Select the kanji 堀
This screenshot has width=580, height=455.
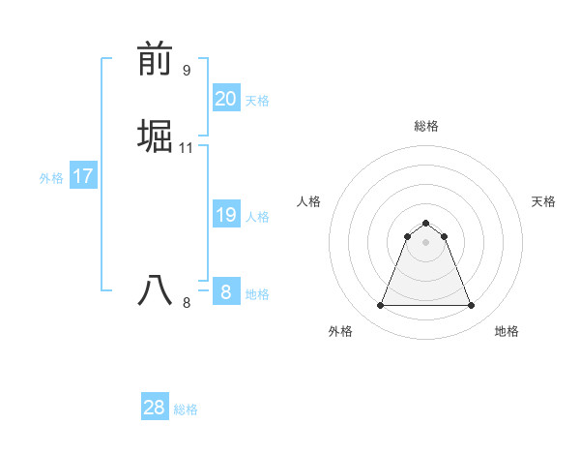click(x=156, y=136)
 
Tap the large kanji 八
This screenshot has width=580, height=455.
click(x=156, y=290)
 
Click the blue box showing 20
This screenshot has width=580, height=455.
click(x=225, y=99)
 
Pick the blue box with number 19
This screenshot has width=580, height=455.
click(x=225, y=215)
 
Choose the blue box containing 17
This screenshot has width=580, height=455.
click(x=83, y=176)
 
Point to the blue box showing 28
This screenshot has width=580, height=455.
click(x=155, y=408)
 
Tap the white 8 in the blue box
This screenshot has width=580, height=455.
click(x=225, y=292)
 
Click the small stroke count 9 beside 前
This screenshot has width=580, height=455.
click(x=187, y=71)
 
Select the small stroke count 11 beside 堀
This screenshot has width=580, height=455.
click(x=187, y=148)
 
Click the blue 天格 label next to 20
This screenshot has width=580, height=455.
click(x=257, y=101)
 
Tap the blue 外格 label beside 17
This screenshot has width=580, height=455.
click(x=51, y=178)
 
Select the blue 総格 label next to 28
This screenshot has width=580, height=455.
click(x=186, y=409)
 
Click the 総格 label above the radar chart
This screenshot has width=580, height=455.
click(x=426, y=126)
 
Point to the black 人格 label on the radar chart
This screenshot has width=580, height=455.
click(x=309, y=201)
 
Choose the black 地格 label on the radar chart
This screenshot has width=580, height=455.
click(x=507, y=331)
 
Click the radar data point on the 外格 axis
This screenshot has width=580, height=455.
click(x=380, y=306)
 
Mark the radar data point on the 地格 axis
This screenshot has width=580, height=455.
click(x=472, y=306)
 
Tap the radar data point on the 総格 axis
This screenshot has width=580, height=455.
click(x=426, y=223)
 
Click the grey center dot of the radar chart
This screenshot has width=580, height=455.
click(x=426, y=242)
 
